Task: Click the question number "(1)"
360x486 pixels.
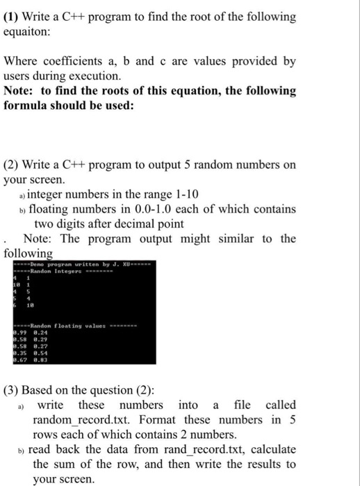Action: coord(13,16)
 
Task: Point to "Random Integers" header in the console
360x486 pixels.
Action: coord(49,271)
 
